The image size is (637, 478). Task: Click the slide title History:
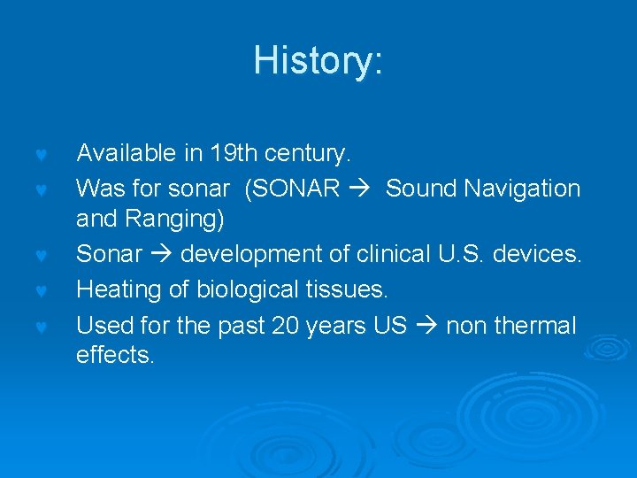click(x=318, y=60)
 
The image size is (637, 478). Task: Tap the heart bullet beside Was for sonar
click(x=40, y=190)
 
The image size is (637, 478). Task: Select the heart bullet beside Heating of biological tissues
click(x=40, y=291)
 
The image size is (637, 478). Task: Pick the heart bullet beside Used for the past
click(x=40, y=327)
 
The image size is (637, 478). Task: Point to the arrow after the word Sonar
click(x=161, y=255)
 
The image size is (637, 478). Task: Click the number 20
click(x=286, y=325)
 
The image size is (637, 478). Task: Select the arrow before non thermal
click(x=426, y=326)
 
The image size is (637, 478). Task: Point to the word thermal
click(x=535, y=325)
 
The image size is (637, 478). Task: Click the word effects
click(x=115, y=355)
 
